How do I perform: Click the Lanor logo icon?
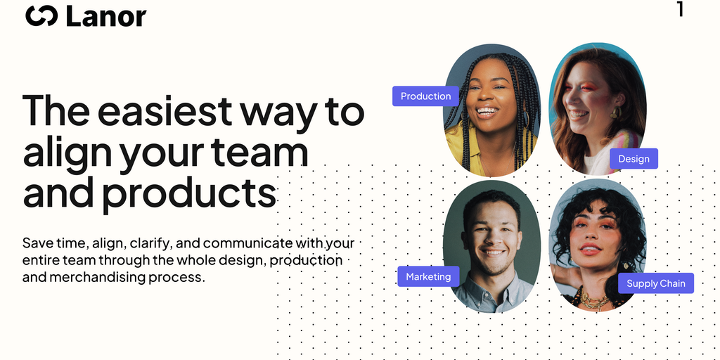point(41,16)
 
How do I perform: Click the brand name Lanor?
point(106,16)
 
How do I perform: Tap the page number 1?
point(681,9)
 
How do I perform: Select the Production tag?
point(425,96)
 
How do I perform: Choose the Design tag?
point(634,159)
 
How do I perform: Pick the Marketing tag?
point(428,276)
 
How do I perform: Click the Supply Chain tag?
point(656,283)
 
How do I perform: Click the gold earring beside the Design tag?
point(615,112)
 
